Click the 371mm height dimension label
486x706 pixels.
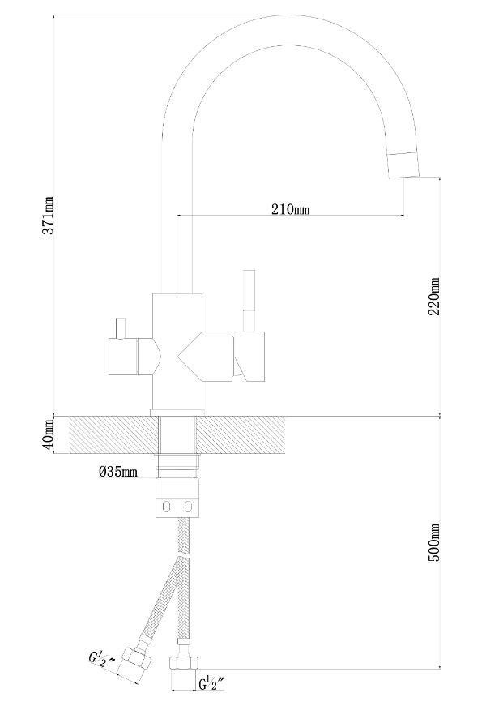[49, 216]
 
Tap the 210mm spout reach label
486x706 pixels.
[290, 209]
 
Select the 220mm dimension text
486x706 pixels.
[434, 297]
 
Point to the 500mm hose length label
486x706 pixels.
[434, 542]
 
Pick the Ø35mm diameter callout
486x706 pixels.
[118, 472]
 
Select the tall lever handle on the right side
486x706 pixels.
[249, 301]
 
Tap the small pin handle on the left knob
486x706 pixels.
[120, 328]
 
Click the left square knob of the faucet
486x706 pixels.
[123, 356]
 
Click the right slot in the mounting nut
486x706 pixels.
[188, 507]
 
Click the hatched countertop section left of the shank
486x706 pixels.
[114, 434]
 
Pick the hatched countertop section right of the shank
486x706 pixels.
[241, 434]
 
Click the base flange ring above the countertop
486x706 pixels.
[177, 413]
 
